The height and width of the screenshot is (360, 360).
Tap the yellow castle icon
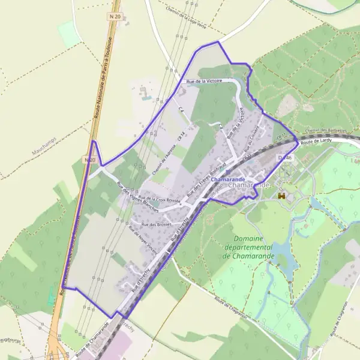click(x=282, y=195)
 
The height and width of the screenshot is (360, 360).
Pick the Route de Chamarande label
click(x=93, y=339)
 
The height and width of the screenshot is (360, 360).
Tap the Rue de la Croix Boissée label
click(x=160, y=199)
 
